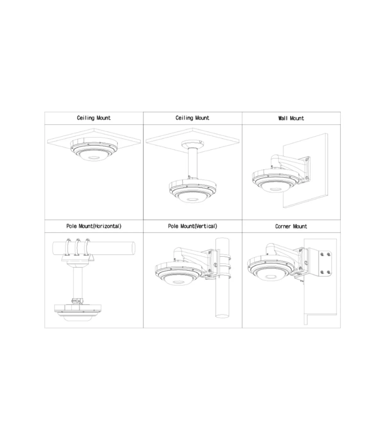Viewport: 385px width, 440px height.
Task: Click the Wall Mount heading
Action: tap(291, 118)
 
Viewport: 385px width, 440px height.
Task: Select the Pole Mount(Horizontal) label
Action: tap(94, 226)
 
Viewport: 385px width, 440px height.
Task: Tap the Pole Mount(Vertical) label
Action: tap(193, 226)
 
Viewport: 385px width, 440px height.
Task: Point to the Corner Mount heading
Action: tap(291, 226)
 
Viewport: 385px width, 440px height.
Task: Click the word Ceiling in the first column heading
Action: tap(86, 118)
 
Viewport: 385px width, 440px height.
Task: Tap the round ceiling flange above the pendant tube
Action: tap(193, 144)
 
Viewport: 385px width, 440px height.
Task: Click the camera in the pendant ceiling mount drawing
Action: tap(192, 190)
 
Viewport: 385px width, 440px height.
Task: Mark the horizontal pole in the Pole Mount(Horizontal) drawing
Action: tap(94, 249)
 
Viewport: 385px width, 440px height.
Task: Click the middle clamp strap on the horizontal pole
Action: tap(77, 247)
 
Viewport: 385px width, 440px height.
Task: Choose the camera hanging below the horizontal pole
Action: tap(78, 313)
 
